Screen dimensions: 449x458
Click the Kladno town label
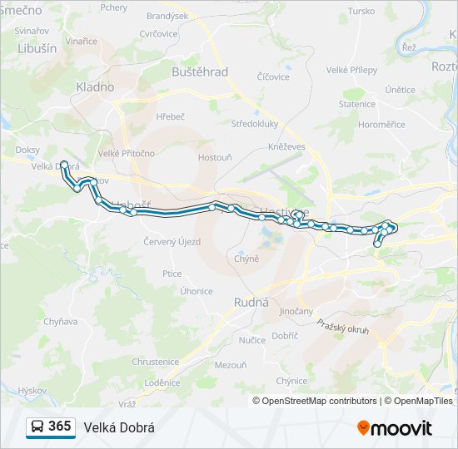coord(94,86)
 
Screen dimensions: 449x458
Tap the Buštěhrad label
coord(199,72)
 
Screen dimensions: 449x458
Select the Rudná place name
coord(251,303)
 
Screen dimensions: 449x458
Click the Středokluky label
coord(255,124)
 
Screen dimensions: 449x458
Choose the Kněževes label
coord(286,146)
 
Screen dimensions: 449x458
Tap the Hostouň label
coord(215,157)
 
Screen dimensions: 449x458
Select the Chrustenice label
coord(155,362)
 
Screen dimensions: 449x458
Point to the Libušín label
coord(37,48)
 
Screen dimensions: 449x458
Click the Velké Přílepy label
coord(351,71)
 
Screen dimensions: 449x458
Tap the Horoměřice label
coord(381,125)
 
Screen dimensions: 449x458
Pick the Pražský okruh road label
coord(342,330)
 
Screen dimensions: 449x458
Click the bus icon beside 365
coord(37,427)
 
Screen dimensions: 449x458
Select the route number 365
coord(60,427)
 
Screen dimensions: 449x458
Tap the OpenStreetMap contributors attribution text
coord(316,401)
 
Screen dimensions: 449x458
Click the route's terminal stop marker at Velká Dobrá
coord(63,165)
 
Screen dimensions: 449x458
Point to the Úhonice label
coord(197,291)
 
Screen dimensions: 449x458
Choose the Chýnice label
coord(292,381)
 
